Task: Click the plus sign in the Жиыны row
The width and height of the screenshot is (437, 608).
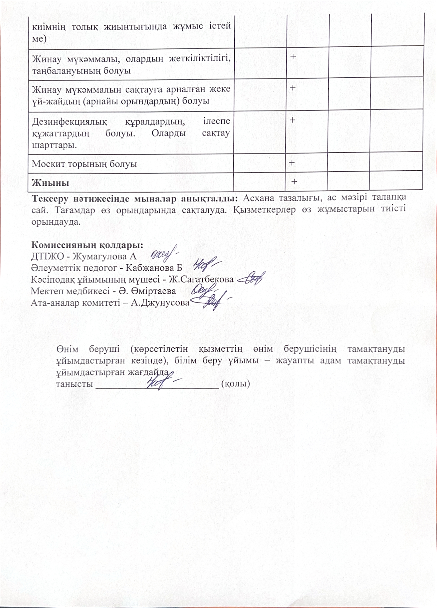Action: tap(294, 182)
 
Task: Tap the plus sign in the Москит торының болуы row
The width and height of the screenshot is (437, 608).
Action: tap(292, 162)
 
